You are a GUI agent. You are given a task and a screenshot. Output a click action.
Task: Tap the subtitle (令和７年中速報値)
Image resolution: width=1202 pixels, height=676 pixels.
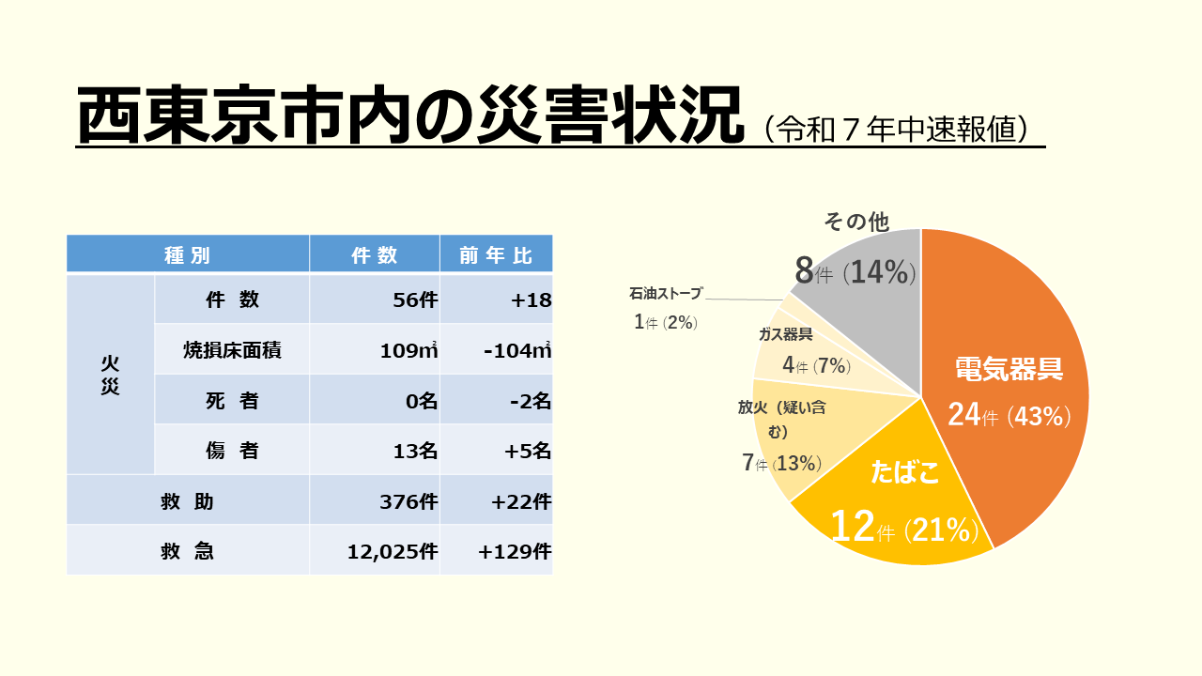click(x=901, y=129)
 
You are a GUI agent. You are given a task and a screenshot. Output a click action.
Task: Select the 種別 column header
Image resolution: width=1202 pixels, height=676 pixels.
click(x=187, y=255)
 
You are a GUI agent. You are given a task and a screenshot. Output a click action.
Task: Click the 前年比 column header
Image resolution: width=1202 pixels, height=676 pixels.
click(x=496, y=255)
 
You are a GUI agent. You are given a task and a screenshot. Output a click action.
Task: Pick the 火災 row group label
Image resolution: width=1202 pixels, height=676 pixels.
click(x=110, y=375)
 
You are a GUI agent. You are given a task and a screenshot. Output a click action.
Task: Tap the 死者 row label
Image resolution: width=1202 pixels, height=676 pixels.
click(x=232, y=400)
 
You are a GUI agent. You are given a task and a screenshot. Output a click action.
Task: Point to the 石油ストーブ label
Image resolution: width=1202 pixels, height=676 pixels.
click(x=665, y=294)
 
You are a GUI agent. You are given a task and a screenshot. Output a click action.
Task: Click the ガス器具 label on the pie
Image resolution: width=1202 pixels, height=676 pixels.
click(x=786, y=334)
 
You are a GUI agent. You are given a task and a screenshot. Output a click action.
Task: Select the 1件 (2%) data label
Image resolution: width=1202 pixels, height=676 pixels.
click(x=665, y=322)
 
